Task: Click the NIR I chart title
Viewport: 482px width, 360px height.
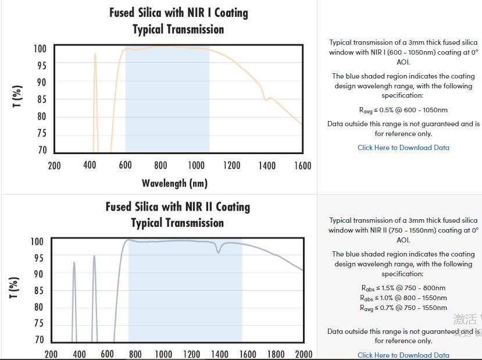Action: click(178, 21)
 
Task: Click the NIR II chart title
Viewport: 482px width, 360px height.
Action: click(177, 215)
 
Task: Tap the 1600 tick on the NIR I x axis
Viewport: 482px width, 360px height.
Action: click(302, 166)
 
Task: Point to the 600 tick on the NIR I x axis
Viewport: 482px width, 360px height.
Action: click(125, 166)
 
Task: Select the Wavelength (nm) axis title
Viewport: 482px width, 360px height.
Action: click(174, 184)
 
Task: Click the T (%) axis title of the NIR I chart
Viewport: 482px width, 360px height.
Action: click(18, 96)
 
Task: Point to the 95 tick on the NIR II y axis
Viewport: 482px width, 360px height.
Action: click(37, 258)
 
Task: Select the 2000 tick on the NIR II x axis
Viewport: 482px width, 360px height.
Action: click(304, 354)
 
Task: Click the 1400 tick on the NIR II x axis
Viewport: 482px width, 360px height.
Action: click(219, 354)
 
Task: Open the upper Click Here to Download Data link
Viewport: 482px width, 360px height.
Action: click(403, 148)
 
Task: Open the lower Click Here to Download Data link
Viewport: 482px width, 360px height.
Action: click(403, 355)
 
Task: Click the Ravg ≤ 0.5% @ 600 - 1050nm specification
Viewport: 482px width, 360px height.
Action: click(403, 110)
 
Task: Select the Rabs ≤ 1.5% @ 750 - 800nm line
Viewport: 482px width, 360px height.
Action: click(403, 288)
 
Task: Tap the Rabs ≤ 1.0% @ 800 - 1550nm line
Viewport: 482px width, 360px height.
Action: click(403, 298)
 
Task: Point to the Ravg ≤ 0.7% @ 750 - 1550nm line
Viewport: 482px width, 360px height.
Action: click(403, 308)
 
